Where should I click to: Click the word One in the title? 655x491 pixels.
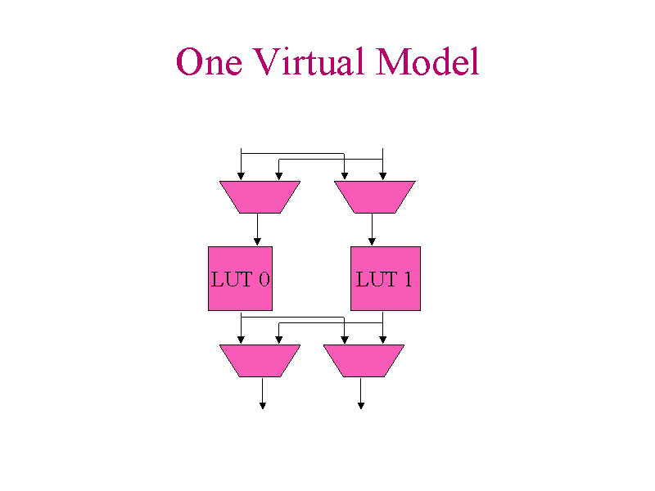[x=209, y=62]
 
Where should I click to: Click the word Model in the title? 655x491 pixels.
[x=427, y=62]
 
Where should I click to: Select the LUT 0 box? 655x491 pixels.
[x=240, y=278]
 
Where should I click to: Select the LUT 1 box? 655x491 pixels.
[x=385, y=278]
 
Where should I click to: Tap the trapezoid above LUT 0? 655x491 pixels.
[x=260, y=196]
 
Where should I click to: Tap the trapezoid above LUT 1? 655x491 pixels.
[x=374, y=196]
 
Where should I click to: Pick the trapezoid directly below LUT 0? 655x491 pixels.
[x=260, y=360]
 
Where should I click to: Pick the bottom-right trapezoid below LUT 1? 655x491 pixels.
[x=364, y=360]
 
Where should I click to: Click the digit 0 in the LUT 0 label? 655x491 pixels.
[x=264, y=279]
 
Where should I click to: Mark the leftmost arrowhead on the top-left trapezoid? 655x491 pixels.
[x=241, y=176]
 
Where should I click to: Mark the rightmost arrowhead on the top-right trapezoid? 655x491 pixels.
[x=382, y=176]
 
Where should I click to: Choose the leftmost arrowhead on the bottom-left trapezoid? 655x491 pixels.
[x=241, y=340]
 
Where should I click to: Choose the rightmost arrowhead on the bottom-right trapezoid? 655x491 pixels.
[x=382, y=340]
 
